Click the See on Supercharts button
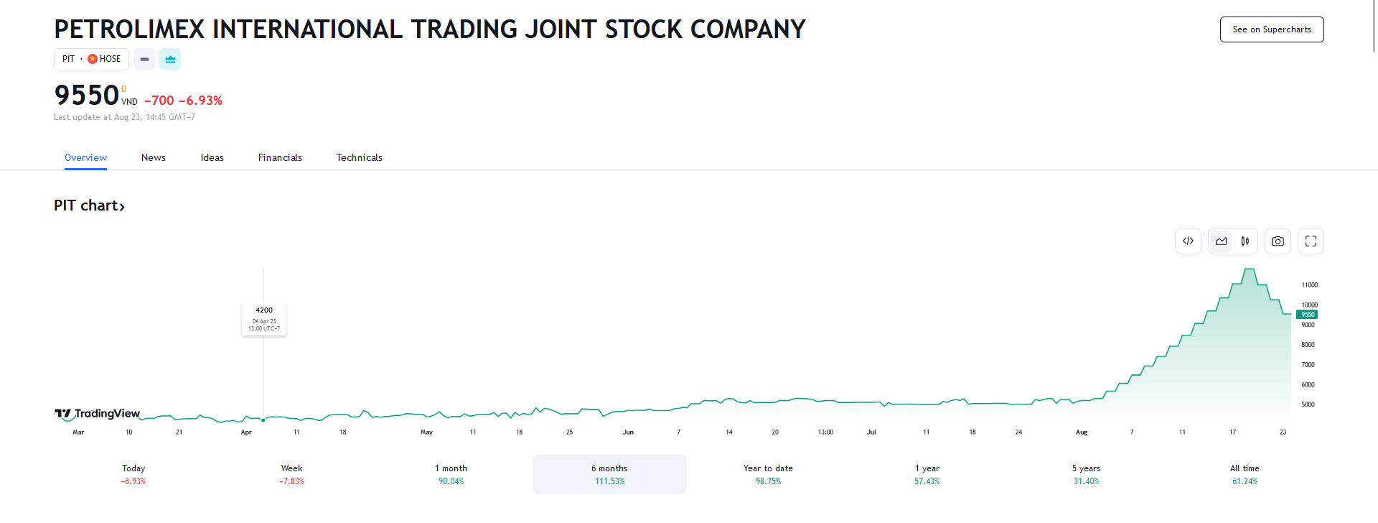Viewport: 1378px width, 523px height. tap(1271, 29)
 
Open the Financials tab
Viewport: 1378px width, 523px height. tap(280, 157)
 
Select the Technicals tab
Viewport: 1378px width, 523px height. tap(359, 157)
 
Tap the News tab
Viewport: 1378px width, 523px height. tap(153, 157)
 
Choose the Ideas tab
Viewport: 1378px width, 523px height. tap(212, 157)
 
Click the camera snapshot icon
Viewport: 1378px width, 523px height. tap(1278, 241)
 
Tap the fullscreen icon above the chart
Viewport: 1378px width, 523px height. tap(1311, 241)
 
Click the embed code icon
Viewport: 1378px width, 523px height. tap(1188, 241)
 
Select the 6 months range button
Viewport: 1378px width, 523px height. tap(609, 474)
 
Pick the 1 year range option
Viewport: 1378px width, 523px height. tap(927, 474)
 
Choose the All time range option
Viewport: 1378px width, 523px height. tap(1245, 474)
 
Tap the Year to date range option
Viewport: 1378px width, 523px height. tap(768, 474)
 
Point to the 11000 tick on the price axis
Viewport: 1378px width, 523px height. tap(1309, 285)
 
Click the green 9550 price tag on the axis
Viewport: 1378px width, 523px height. tap(1307, 315)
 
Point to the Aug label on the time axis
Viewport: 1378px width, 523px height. tap(1081, 432)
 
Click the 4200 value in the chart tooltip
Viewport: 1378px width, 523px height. tap(264, 310)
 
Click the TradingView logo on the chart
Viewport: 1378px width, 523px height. tap(98, 413)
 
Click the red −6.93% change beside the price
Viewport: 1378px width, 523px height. tap(200, 101)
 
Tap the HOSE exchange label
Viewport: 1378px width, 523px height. tap(110, 59)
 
